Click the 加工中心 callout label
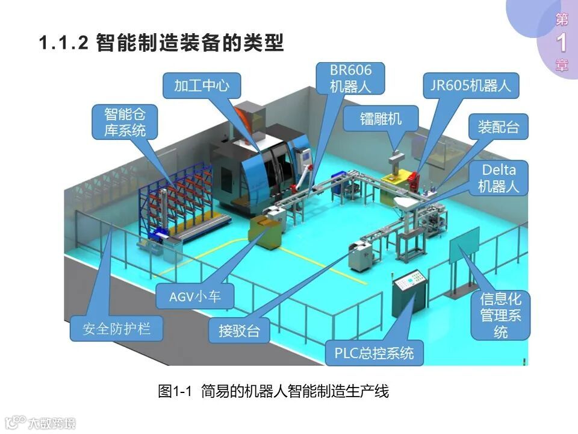(202, 85)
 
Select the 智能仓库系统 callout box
(125, 122)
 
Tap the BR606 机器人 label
(350, 78)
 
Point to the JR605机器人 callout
(471, 85)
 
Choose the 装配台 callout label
(498, 127)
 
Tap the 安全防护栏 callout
(116, 329)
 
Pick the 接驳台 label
(240, 330)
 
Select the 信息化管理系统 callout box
(500, 315)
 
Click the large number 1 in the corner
(562, 42)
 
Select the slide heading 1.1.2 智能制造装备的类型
(161, 43)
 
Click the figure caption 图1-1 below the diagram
(273, 391)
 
